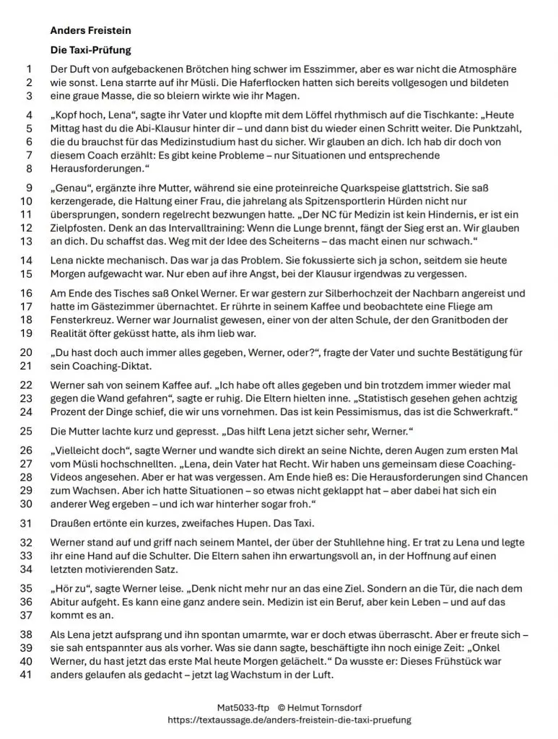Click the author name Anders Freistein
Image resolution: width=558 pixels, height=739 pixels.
[90, 31]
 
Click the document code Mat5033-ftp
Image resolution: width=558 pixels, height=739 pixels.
[243, 708]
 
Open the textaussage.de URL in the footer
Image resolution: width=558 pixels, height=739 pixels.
[288, 720]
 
